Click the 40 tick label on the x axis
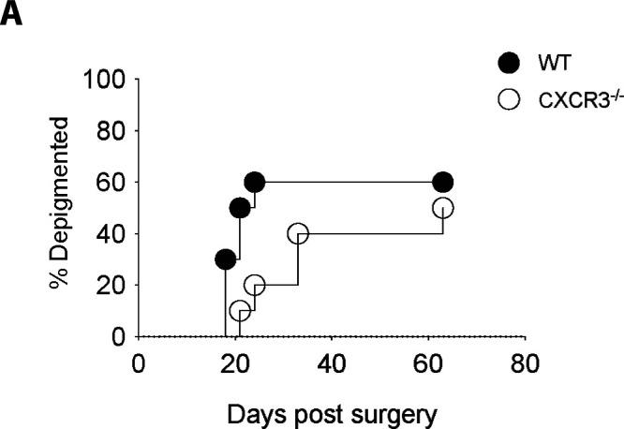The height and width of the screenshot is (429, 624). (331, 362)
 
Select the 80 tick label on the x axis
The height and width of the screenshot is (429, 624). (525, 362)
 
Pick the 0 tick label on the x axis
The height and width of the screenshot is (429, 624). (139, 362)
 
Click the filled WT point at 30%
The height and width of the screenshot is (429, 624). (225, 259)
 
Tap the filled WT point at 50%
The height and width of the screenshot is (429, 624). (240, 208)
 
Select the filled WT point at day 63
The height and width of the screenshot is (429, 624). (442, 182)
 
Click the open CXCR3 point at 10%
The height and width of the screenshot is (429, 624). (240, 310)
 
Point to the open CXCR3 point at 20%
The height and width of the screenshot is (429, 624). (254, 285)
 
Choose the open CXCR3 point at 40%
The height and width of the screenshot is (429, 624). (298, 233)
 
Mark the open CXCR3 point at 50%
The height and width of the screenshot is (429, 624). (442, 208)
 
